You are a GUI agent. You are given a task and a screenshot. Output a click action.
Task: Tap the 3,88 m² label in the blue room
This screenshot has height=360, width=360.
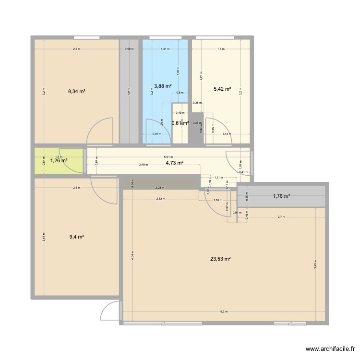click(x=162, y=86)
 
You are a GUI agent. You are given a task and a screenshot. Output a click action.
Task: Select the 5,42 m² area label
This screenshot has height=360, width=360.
click(x=223, y=89)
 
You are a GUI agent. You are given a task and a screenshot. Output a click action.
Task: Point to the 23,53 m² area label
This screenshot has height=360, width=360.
click(x=220, y=259)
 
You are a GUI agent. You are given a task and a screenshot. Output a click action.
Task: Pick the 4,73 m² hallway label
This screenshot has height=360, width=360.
click(x=174, y=163)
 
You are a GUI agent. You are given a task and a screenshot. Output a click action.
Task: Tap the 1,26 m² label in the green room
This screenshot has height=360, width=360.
click(x=59, y=161)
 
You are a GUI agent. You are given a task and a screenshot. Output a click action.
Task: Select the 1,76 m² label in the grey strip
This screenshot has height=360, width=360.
click(x=282, y=195)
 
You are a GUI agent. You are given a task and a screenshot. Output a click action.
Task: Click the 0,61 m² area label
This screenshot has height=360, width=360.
click(x=180, y=123)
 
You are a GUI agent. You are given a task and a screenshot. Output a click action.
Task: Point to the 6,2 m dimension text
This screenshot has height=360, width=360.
click(x=224, y=311)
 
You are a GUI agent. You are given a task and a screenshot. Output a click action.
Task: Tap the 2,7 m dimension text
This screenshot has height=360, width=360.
click(x=281, y=217)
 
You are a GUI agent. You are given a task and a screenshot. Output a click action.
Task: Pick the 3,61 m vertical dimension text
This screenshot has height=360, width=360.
click(x=43, y=237)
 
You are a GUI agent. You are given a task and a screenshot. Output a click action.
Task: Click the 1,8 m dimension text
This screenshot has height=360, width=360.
click(x=220, y=48)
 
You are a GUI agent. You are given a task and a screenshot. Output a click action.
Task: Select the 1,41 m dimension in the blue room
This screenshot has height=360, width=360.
click(x=165, y=48)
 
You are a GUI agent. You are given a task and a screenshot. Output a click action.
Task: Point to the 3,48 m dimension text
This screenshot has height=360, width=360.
click(x=143, y=165)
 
